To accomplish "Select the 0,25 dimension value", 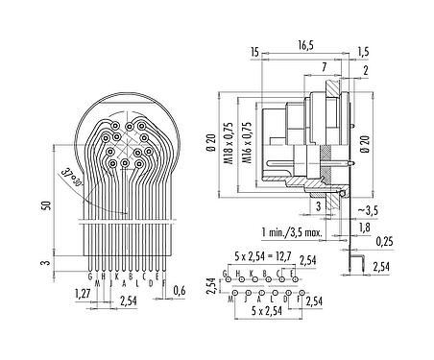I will tap(385, 240).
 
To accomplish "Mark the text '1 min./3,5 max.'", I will tap(302, 232).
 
